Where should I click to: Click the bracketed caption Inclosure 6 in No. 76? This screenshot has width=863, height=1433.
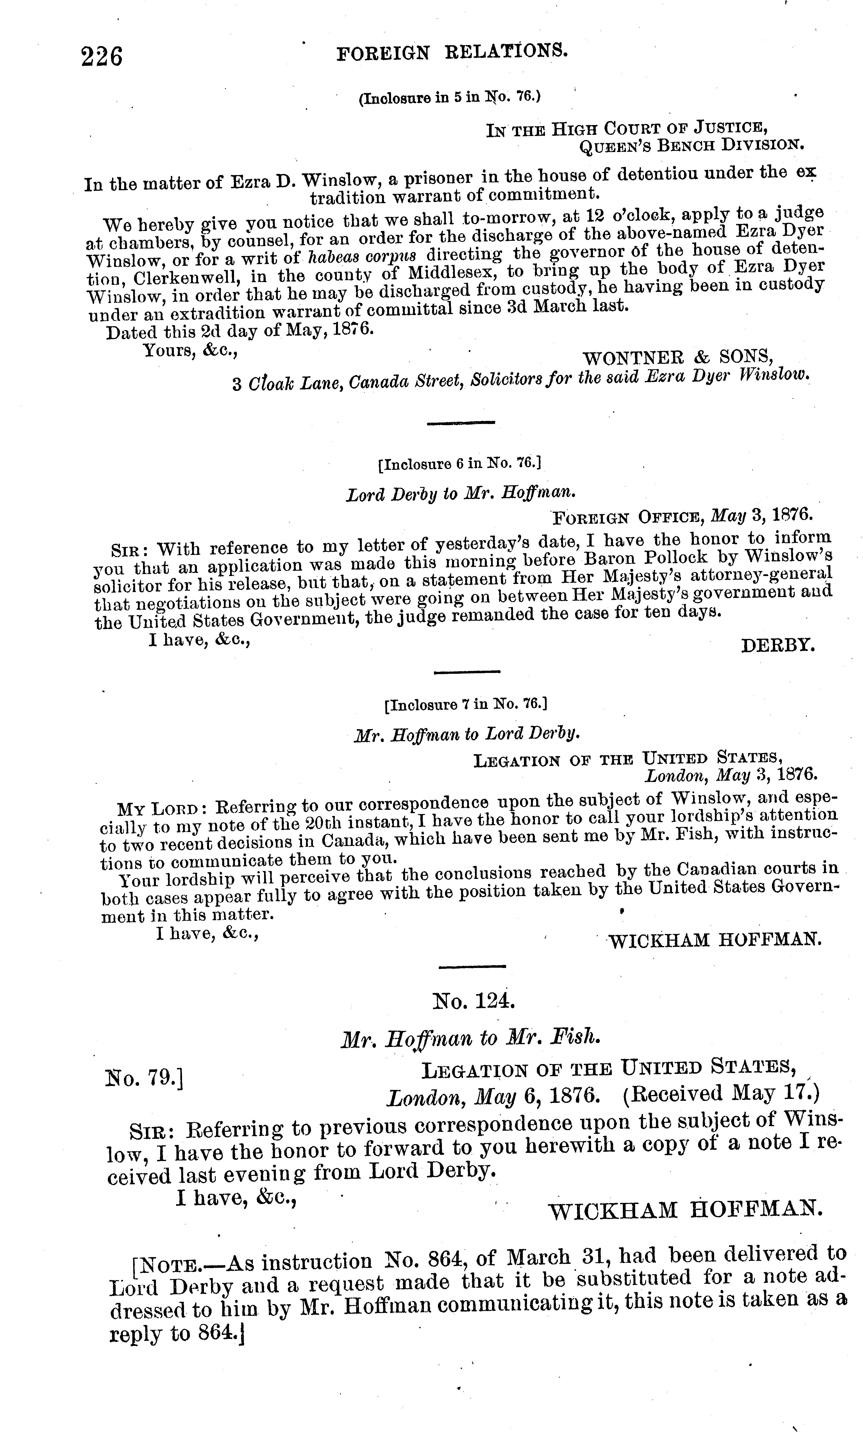pyautogui.click(x=459, y=464)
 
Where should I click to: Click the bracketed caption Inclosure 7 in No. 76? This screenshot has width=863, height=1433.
pyautogui.click(x=465, y=705)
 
